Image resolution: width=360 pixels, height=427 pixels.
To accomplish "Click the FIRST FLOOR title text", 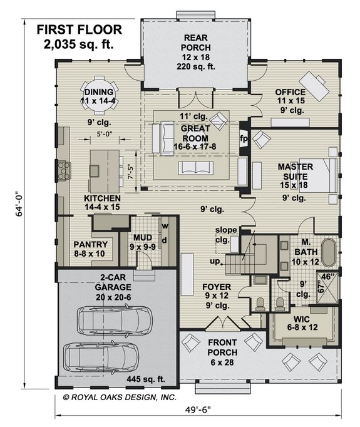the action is [x=80, y=29].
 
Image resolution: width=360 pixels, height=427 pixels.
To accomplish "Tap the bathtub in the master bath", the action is [x=329, y=253].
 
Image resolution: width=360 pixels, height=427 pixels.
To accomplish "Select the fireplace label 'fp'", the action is [x=244, y=138].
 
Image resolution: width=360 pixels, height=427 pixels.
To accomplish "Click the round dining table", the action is [x=100, y=96].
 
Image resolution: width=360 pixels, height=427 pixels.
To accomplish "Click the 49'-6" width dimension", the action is [x=198, y=409].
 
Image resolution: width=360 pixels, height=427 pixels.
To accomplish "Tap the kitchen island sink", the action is [x=95, y=171].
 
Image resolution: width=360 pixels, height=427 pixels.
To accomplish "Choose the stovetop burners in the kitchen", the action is [x=64, y=171].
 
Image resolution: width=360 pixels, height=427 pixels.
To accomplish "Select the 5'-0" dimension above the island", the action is [x=105, y=134].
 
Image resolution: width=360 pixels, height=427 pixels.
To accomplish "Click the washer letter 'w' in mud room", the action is [x=165, y=226].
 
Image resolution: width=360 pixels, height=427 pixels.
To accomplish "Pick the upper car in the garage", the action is [x=115, y=320].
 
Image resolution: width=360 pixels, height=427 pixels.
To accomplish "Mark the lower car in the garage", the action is [x=101, y=357].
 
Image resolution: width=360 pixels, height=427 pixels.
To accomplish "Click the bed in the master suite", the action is [x=318, y=175].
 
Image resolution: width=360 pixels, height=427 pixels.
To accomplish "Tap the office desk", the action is [x=314, y=86].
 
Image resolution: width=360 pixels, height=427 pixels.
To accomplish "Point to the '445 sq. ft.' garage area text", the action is [x=146, y=379].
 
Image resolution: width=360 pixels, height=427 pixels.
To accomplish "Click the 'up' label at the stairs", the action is [x=215, y=262].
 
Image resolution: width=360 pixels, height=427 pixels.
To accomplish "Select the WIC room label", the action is [x=301, y=319].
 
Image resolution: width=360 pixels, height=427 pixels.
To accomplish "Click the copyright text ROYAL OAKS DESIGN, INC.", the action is [x=120, y=398].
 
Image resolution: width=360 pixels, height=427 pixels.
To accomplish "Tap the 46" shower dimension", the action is [x=327, y=276].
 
